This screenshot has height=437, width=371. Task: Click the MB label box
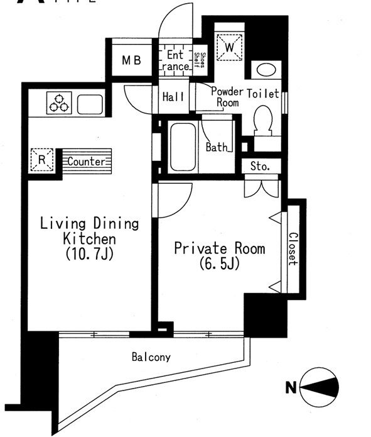132,61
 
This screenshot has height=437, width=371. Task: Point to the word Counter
86,162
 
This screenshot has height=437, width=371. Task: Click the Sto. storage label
260,167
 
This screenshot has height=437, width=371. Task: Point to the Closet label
293,249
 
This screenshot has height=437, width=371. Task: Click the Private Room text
219,248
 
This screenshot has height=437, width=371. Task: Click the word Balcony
151,357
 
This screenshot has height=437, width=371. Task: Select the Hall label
173,97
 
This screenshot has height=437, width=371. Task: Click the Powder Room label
227,96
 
